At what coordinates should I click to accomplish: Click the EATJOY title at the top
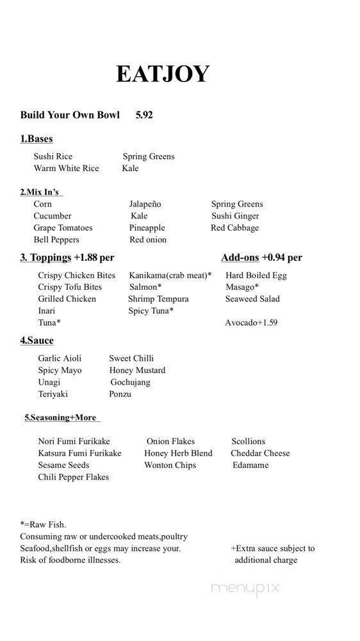pyautogui.click(x=163, y=74)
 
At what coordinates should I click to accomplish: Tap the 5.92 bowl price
pyautogui.click(x=144, y=115)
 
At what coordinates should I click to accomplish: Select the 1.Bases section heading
pyautogui.click(x=36, y=138)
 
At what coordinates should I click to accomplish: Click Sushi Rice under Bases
pyautogui.click(x=53, y=156)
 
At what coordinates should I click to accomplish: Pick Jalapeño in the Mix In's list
pyautogui.click(x=145, y=204)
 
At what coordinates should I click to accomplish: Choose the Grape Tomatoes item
pyautogui.click(x=63, y=228)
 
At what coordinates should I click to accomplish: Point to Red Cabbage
pyautogui.click(x=234, y=228)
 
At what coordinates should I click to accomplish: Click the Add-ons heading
pyautogui.click(x=240, y=258)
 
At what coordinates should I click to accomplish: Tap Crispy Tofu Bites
pyautogui.click(x=70, y=287)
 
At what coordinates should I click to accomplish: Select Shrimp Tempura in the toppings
pyautogui.click(x=158, y=299)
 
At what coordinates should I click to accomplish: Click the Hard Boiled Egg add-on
pyautogui.click(x=256, y=275)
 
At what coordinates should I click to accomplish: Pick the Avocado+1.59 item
pyautogui.click(x=251, y=322)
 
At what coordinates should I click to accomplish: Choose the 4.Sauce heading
pyautogui.click(x=37, y=340)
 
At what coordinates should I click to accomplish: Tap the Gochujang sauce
pyautogui.click(x=130, y=382)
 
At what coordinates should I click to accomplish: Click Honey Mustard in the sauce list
pyautogui.click(x=137, y=370)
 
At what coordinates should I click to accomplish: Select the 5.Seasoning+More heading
pyautogui.click(x=60, y=417)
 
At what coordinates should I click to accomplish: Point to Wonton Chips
pyautogui.click(x=170, y=465)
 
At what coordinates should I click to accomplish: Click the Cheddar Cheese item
pyautogui.click(x=260, y=453)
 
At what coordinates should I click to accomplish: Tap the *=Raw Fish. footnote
pyautogui.click(x=43, y=524)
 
